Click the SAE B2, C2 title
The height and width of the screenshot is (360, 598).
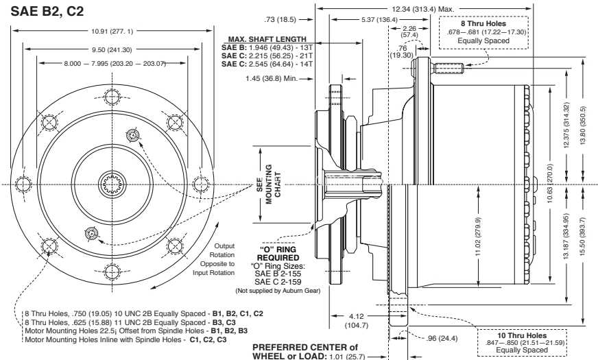click(x=47, y=11)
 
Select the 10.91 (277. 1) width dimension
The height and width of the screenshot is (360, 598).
click(x=112, y=32)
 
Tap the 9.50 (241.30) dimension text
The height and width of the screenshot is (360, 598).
click(x=112, y=49)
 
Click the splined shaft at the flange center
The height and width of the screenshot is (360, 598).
click(x=112, y=184)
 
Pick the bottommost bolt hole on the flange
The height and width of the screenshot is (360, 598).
click(x=112, y=272)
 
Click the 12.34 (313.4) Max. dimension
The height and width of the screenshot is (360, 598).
click(x=423, y=9)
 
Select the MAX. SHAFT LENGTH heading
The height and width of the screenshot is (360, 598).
click(x=267, y=39)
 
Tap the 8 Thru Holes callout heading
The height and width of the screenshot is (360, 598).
click(x=483, y=23)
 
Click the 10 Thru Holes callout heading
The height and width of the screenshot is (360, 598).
click(x=522, y=335)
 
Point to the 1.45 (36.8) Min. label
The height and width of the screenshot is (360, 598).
click(x=272, y=79)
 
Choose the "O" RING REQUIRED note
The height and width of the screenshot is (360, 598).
click(x=278, y=253)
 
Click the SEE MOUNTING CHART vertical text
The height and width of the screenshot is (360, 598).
click(x=274, y=184)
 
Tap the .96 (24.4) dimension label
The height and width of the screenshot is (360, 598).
click(x=442, y=338)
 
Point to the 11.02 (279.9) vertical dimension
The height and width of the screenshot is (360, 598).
click(x=479, y=237)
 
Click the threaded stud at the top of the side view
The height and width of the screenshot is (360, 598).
click(x=449, y=69)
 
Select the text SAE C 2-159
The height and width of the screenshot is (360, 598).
click(x=278, y=283)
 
